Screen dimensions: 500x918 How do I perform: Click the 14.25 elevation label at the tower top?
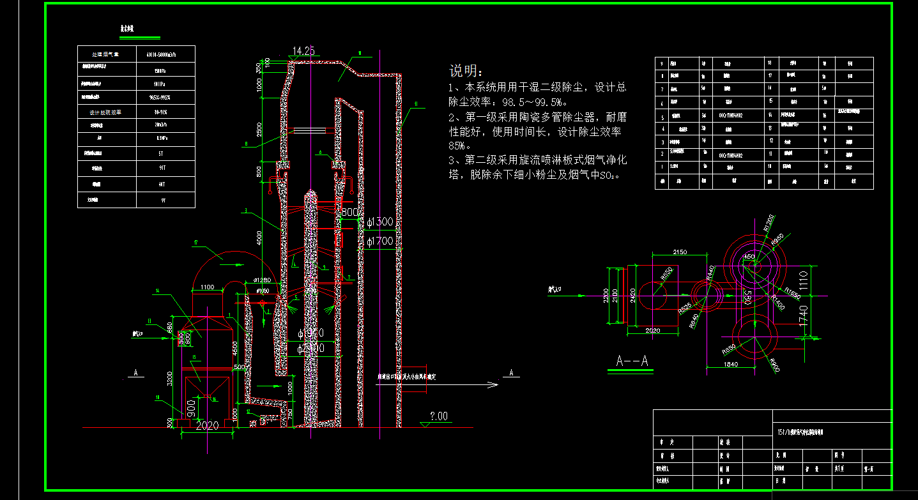[303, 51]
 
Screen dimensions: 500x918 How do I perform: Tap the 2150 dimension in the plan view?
[680, 252]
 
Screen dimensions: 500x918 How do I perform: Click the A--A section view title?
[632, 361]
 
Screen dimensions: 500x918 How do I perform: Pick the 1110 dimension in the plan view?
[803, 282]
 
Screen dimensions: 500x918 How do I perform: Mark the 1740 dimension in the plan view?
[803, 317]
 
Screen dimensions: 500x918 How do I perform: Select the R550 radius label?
[728, 350]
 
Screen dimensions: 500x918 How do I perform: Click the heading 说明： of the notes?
[467, 70]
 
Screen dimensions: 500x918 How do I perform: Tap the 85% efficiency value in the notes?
[460, 146]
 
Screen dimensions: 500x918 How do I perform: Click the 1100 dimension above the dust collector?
[207, 287]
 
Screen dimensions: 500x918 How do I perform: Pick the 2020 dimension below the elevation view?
[206, 426]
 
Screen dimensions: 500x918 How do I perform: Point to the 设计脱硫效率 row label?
[105, 112]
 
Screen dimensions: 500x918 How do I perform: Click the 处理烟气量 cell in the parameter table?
[106, 54]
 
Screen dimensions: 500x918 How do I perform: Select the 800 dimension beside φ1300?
[350, 212]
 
